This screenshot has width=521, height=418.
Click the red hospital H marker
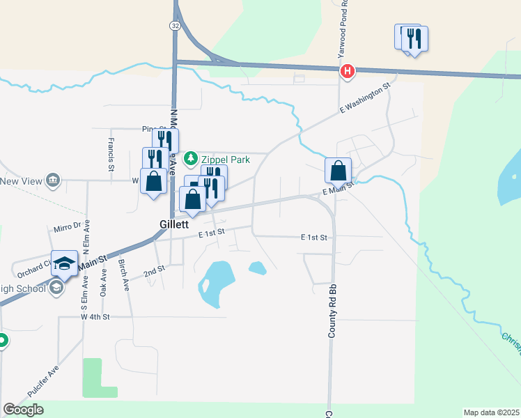coord(347,71)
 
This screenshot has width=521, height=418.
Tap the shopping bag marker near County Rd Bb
coord(338,170)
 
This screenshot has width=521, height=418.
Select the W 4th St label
coord(95,317)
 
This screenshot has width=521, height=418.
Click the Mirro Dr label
coord(68,229)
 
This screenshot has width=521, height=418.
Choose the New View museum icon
coord(53,182)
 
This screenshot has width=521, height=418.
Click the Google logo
coord(23,410)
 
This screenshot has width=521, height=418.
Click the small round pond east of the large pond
coord(257,268)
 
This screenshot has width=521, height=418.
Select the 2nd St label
coord(155,271)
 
